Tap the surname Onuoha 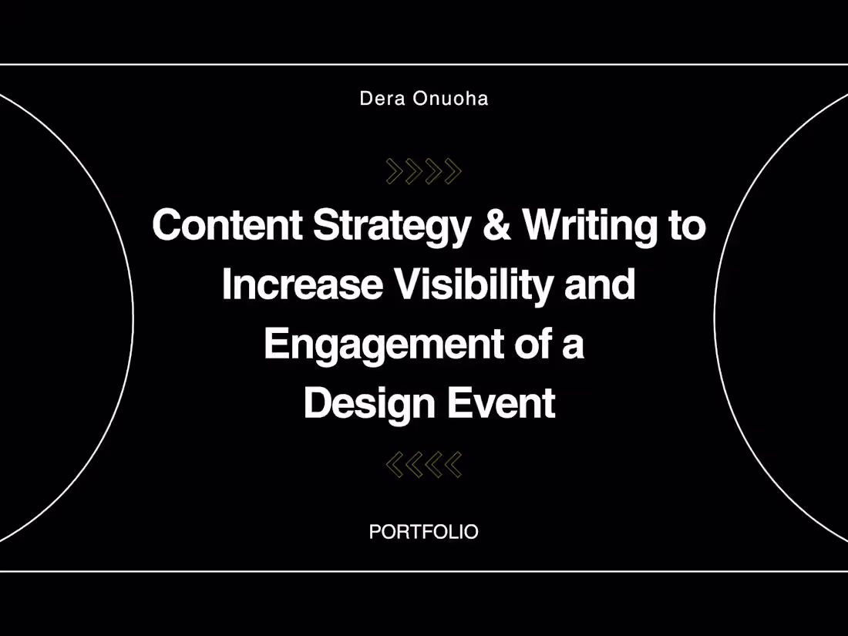pos(450,99)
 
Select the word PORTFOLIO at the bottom pos(423,532)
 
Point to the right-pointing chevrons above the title pos(423,171)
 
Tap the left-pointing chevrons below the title pos(423,464)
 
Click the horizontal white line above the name pos(424,64)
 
